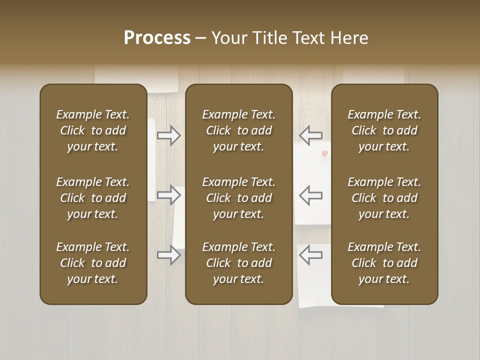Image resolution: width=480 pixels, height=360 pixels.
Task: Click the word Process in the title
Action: click(x=157, y=38)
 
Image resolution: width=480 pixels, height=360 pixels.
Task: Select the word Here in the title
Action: click(x=350, y=38)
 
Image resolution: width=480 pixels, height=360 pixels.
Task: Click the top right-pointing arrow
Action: click(x=168, y=135)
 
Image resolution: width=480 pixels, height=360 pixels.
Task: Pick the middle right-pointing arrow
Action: click(x=168, y=195)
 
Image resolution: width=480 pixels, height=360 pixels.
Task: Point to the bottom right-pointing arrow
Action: click(x=168, y=255)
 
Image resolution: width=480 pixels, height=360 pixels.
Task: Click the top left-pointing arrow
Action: click(x=311, y=135)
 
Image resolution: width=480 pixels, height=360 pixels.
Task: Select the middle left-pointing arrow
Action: click(x=311, y=195)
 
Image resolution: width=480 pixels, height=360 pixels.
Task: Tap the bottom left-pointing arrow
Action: click(x=311, y=255)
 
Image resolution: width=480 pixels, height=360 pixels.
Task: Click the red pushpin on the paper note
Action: click(x=324, y=153)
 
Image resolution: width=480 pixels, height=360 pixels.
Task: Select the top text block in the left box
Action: click(x=92, y=130)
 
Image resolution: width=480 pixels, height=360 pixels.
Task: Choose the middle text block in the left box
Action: click(x=92, y=198)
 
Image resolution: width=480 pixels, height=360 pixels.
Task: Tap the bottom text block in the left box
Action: click(x=92, y=263)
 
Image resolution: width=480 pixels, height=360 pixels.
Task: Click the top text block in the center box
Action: click(x=238, y=130)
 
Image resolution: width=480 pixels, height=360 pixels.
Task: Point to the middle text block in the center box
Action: click(x=238, y=198)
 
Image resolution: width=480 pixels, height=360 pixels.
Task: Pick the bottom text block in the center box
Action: click(x=238, y=263)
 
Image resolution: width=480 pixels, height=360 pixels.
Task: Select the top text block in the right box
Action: click(x=384, y=130)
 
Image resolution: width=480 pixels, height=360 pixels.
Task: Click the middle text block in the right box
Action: click(x=384, y=198)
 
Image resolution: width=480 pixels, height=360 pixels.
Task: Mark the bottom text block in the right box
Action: click(x=384, y=263)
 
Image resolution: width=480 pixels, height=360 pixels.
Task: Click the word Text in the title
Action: click(x=309, y=38)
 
